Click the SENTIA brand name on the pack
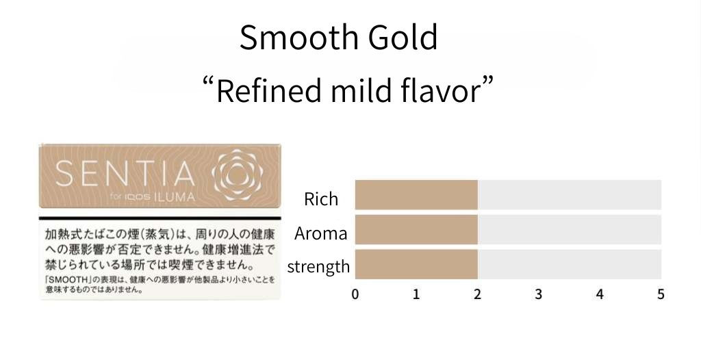(x=125, y=174)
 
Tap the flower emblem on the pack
(x=238, y=175)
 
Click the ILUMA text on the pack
(x=175, y=197)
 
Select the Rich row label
(x=321, y=199)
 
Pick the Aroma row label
(x=320, y=233)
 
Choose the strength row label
(x=318, y=266)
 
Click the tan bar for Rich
(x=416, y=194)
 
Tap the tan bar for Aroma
(x=416, y=229)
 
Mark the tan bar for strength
(x=416, y=264)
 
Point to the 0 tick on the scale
(x=355, y=294)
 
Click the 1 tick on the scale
(x=416, y=294)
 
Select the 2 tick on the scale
(x=477, y=294)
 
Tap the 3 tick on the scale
(x=538, y=294)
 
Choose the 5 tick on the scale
(x=661, y=294)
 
